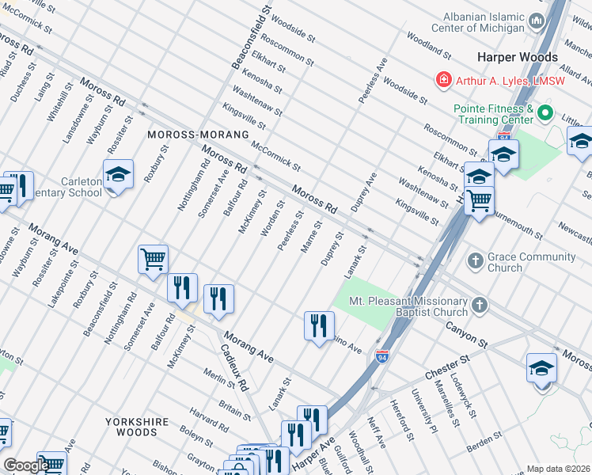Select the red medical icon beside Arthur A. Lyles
coord(444,80)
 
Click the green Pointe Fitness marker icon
coord(545,114)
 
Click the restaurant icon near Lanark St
coord(319,325)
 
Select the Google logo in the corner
coord(26,465)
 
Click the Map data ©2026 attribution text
coord(559,469)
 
